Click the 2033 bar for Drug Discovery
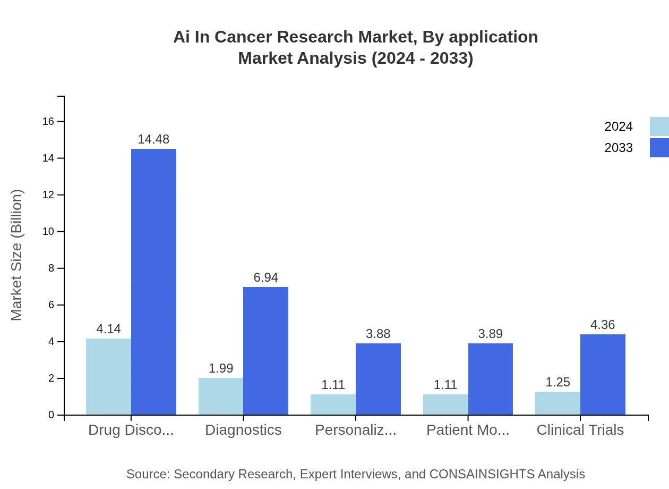(153, 282)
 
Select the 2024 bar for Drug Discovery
(108, 376)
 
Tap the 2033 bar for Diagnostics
(265, 351)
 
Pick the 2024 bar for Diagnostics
(221, 396)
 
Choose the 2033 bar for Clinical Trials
(603, 374)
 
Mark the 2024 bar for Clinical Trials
(557, 403)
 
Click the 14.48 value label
(153, 139)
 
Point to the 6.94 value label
(265, 277)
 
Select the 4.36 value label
(603, 325)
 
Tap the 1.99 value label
(221, 368)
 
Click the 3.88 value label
(378, 334)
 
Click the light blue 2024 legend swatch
(659, 127)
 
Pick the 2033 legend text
(619, 148)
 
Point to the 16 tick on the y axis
(48, 122)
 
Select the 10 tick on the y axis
(48, 232)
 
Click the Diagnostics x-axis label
(243, 430)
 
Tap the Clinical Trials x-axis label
(580, 430)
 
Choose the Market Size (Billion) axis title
(17, 255)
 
